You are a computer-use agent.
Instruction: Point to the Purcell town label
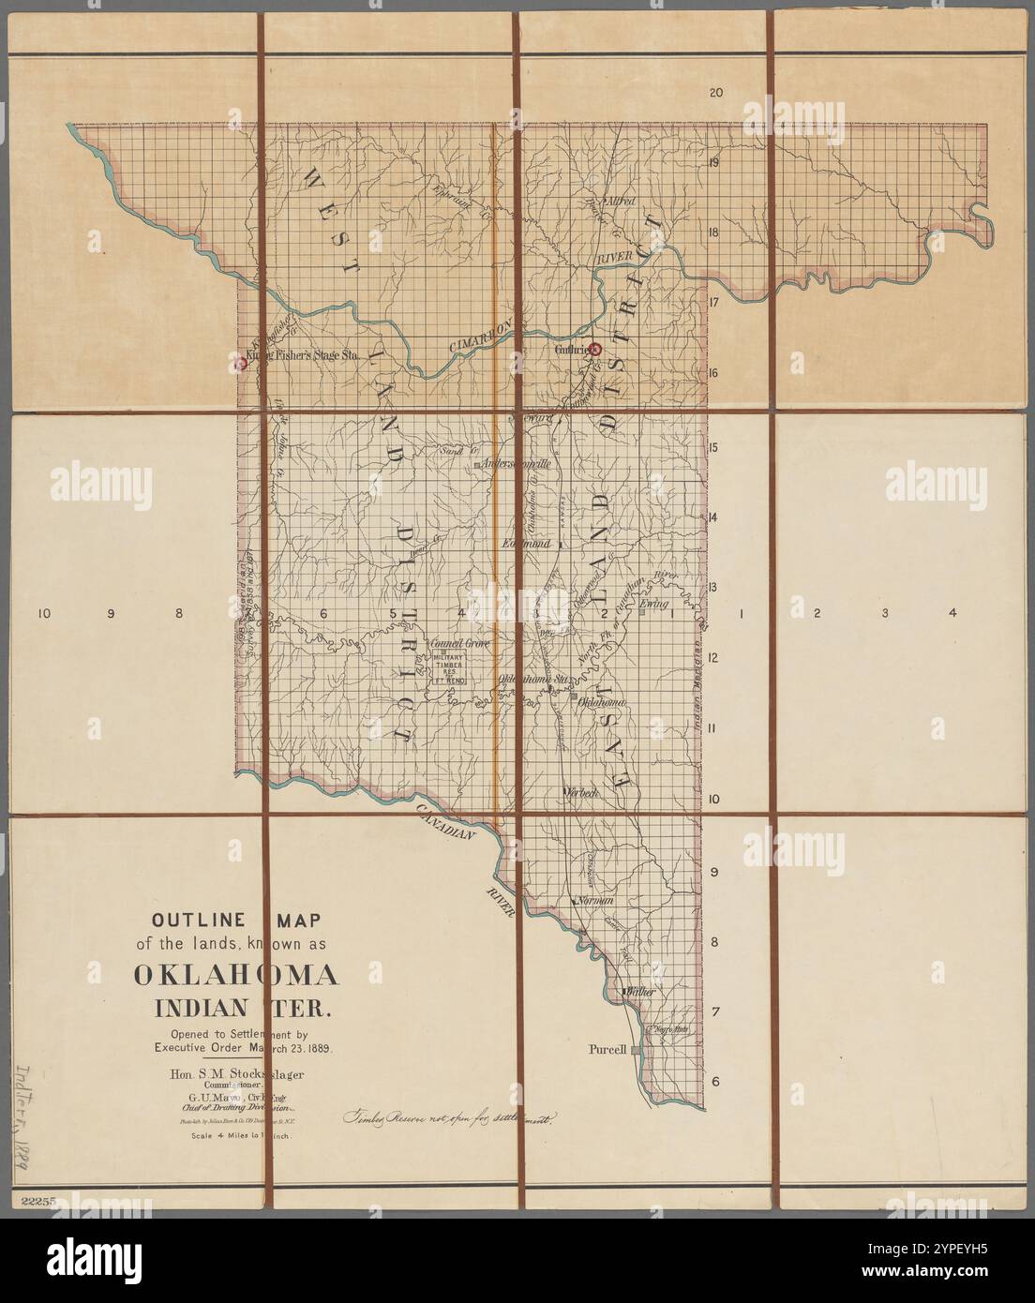click(607, 1049)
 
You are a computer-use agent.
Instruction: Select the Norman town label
click(596, 900)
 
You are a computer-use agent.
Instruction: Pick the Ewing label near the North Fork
click(652, 605)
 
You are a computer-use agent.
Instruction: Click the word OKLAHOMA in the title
click(236, 975)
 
